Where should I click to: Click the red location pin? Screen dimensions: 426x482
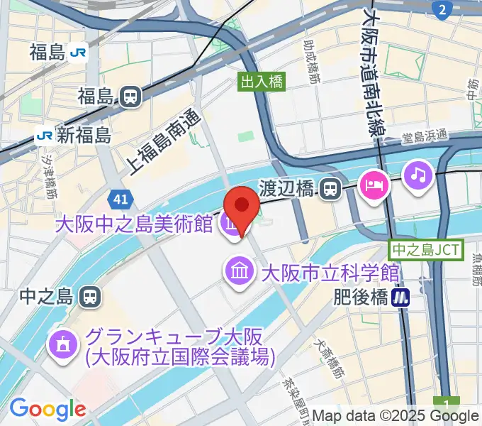tap(242, 207)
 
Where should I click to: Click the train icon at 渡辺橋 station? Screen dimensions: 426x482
tap(328, 189)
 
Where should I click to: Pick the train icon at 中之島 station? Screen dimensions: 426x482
tap(89, 295)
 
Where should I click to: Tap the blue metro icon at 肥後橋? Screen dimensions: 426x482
tap(402, 297)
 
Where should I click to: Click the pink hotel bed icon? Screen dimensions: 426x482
tap(372, 186)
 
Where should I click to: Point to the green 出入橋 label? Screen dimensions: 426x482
tap(262, 82)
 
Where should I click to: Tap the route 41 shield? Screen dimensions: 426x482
tap(119, 198)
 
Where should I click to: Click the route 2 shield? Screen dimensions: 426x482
tap(442, 10)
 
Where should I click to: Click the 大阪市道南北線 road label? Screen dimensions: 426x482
tap(372, 71)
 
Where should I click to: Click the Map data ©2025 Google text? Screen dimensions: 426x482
tap(396, 415)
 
